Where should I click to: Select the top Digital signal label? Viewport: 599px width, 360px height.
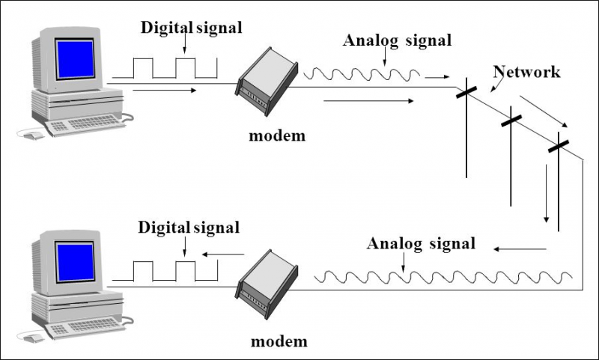click(x=192, y=28)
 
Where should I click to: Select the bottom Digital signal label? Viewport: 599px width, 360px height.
click(x=189, y=227)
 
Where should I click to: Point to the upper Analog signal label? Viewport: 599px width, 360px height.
click(x=397, y=40)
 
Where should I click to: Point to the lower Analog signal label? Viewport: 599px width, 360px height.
click(x=421, y=243)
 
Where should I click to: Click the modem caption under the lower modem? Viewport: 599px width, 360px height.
click(x=279, y=341)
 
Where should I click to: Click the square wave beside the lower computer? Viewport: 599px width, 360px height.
click(x=164, y=270)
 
